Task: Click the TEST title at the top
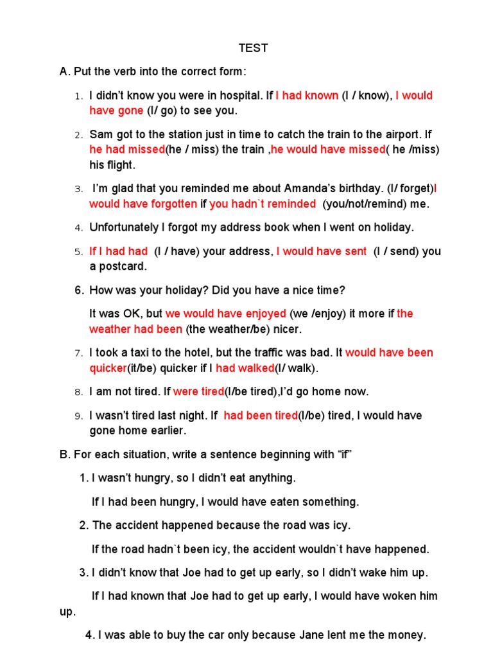254,48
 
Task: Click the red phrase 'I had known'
307,96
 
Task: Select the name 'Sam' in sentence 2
100,134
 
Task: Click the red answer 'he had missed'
127,150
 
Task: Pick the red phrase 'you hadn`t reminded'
263,204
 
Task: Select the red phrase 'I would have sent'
322,251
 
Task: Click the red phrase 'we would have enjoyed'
226,314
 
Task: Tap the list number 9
78,416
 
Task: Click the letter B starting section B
64,454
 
